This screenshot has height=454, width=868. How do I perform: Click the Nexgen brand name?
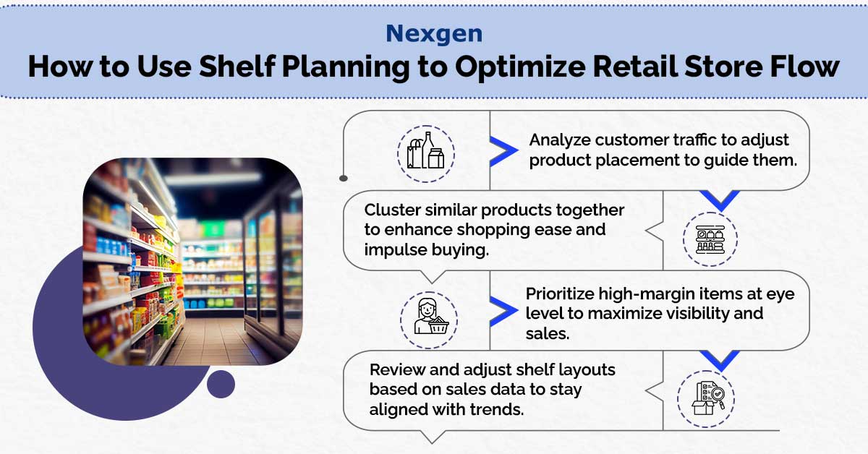[x=434, y=33]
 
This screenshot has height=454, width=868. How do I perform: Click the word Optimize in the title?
[x=519, y=67]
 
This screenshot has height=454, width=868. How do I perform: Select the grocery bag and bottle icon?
[x=425, y=154]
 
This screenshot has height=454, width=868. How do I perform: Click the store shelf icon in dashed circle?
[x=710, y=239]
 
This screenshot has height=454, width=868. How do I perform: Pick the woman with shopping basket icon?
[x=429, y=320]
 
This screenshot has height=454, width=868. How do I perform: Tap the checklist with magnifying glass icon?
[x=706, y=399]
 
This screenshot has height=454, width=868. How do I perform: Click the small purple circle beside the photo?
[x=221, y=384]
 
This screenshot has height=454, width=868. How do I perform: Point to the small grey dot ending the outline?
[x=344, y=178]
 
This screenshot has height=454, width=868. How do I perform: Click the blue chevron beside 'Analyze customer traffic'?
[x=503, y=151]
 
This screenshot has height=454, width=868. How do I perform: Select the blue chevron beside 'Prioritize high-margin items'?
[x=503, y=311]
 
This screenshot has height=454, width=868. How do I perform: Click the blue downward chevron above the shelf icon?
[x=720, y=200]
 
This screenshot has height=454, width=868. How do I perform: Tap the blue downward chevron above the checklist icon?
[x=720, y=360]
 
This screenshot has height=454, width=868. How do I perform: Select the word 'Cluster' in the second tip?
[x=392, y=210]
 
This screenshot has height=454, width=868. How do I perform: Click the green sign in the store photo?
[x=213, y=228]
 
